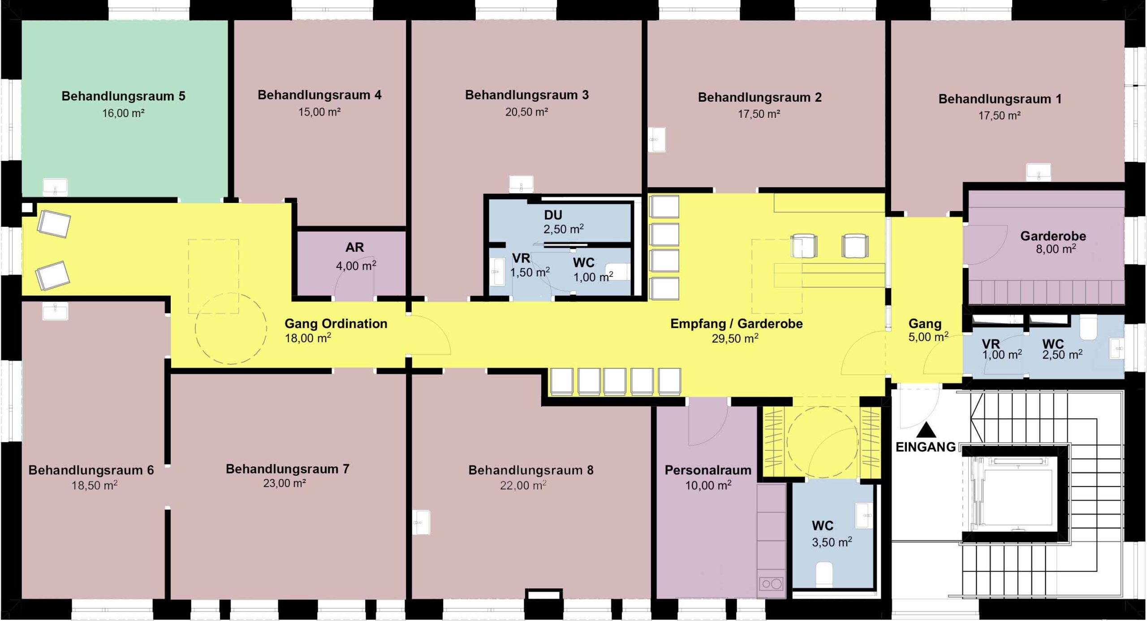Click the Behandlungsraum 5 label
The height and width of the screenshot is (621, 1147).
(x=123, y=96)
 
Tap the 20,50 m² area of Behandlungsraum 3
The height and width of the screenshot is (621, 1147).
(x=526, y=112)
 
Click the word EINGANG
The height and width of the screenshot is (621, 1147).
(x=926, y=447)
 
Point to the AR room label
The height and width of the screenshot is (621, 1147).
(x=354, y=247)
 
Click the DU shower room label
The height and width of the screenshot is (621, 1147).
(x=553, y=215)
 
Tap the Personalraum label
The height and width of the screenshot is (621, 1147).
(x=708, y=470)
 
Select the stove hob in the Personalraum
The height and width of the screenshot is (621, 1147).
(x=772, y=584)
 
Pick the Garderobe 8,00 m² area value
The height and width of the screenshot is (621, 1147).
(x=1056, y=249)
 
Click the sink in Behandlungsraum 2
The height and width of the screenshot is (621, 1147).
(x=657, y=139)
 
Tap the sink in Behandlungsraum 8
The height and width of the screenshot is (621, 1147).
(x=421, y=522)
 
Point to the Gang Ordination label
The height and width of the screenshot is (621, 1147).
(x=336, y=323)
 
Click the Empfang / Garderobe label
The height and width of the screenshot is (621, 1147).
(x=736, y=323)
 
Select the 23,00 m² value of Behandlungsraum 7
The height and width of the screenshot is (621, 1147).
(x=285, y=483)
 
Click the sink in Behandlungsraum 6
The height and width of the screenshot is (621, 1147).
(x=55, y=311)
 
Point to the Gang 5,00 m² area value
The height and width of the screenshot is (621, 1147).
(x=928, y=337)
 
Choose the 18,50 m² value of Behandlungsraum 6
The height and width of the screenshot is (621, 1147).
(x=95, y=485)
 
